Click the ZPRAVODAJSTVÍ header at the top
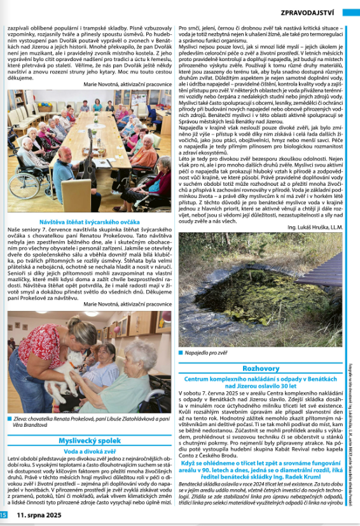pos(311,12)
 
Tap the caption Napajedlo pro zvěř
pos(207,350)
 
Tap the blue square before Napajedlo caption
pos(183,350)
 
